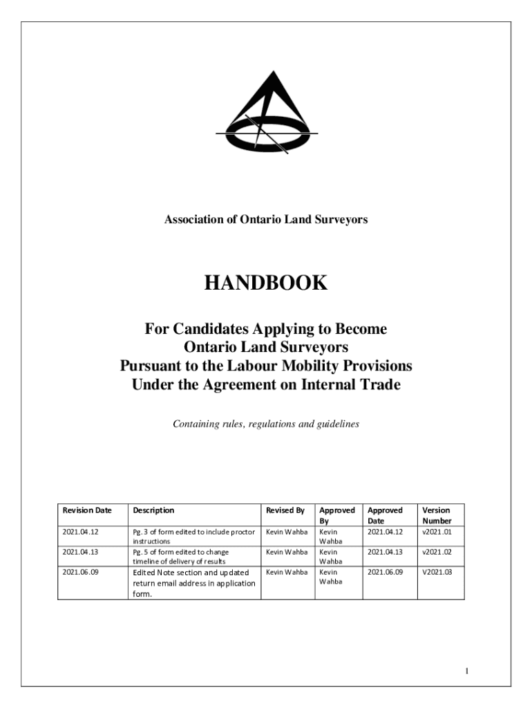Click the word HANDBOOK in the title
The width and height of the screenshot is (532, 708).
[265, 283]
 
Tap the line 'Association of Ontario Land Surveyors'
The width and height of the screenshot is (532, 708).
[265, 220]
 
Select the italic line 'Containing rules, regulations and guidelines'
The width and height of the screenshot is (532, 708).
[265, 424]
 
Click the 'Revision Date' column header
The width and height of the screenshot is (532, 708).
[87, 510]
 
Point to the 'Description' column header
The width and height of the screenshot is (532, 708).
[153, 510]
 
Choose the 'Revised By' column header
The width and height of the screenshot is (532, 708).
[285, 510]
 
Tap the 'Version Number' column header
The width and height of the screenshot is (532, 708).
[437, 515]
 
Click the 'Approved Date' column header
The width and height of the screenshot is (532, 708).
[385, 515]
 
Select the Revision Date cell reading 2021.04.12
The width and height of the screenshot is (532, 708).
[81, 532]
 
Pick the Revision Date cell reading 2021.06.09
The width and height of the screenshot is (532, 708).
[81, 572]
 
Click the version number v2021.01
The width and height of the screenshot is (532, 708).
[437, 532]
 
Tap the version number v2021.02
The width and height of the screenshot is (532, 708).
[437, 552]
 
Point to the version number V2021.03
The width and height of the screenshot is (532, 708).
[437, 572]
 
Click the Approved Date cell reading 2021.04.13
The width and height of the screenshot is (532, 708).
[385, 552]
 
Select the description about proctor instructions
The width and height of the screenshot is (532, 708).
[193, 537]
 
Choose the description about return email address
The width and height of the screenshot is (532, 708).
[193, 583]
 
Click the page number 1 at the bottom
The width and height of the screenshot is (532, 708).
[468, 671]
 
